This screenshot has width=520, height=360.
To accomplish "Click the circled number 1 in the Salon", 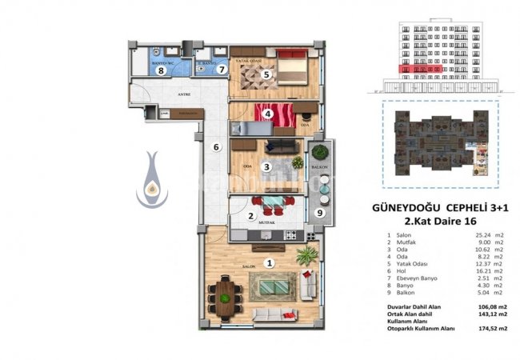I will (x=270, y=262).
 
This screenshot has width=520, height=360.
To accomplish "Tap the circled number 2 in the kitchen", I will (x=250, y=215).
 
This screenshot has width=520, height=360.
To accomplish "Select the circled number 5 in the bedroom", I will (x=266, y=74).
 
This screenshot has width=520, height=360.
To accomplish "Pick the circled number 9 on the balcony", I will (x=320, y=213).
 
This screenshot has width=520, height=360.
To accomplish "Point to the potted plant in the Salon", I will (x=305, y=256).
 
